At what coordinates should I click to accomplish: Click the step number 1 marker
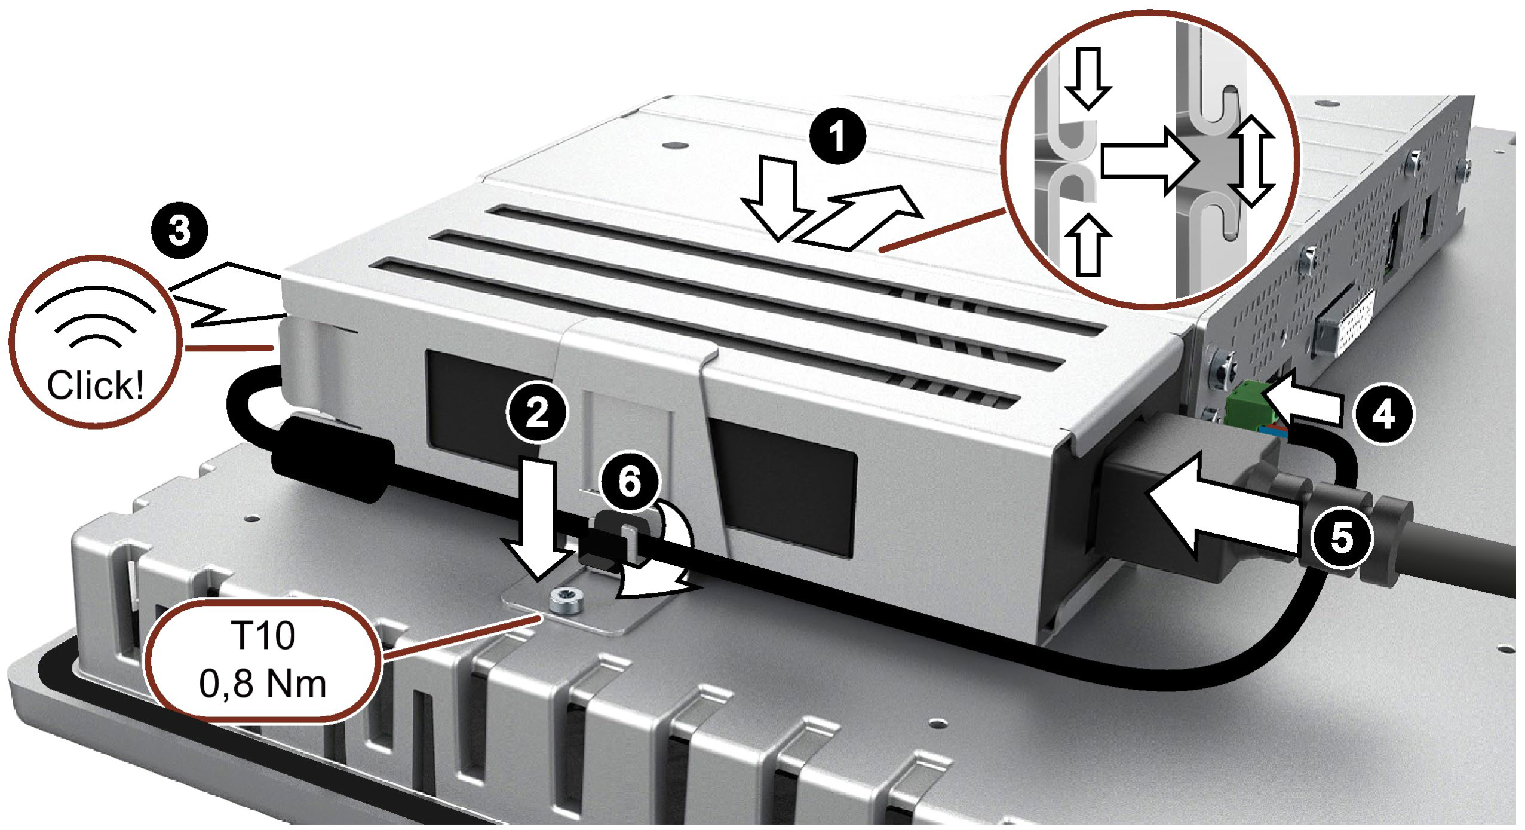(x=837, y=137)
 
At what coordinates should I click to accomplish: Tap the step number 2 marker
(x=536, y=412)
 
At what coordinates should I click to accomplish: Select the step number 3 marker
(x=180, y=232)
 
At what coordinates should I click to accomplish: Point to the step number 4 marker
(x=1383, y=414)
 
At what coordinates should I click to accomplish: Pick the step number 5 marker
(x=1341, y=537)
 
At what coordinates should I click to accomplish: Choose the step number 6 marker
(x=629, y=482)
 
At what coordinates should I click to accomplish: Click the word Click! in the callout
(x=95, y=385)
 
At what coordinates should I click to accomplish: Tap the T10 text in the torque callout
(x=263, y=635)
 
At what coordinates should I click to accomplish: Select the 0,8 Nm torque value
(x=263, y=684)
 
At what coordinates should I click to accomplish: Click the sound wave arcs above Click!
(x=96, y=317)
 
